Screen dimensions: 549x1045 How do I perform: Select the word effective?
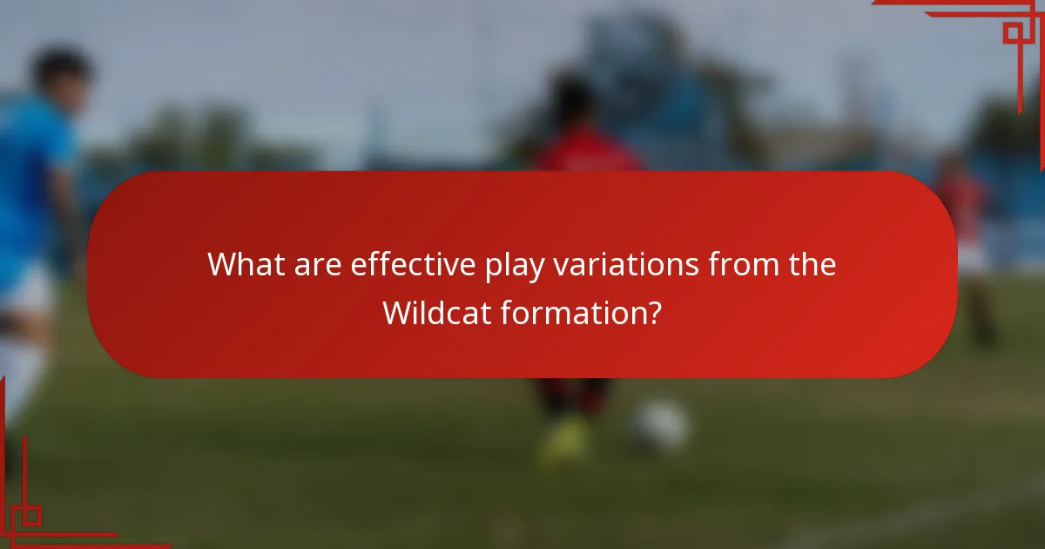tap(413, 265)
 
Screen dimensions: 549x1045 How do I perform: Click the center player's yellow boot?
tap(564, 440)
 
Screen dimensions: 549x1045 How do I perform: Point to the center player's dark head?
tap(572, 100)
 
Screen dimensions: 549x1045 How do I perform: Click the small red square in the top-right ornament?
tap(1012, 33)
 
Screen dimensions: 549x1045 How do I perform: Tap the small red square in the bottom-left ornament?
tap(31, 515)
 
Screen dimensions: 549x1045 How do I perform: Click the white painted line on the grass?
tap(914, 514)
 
